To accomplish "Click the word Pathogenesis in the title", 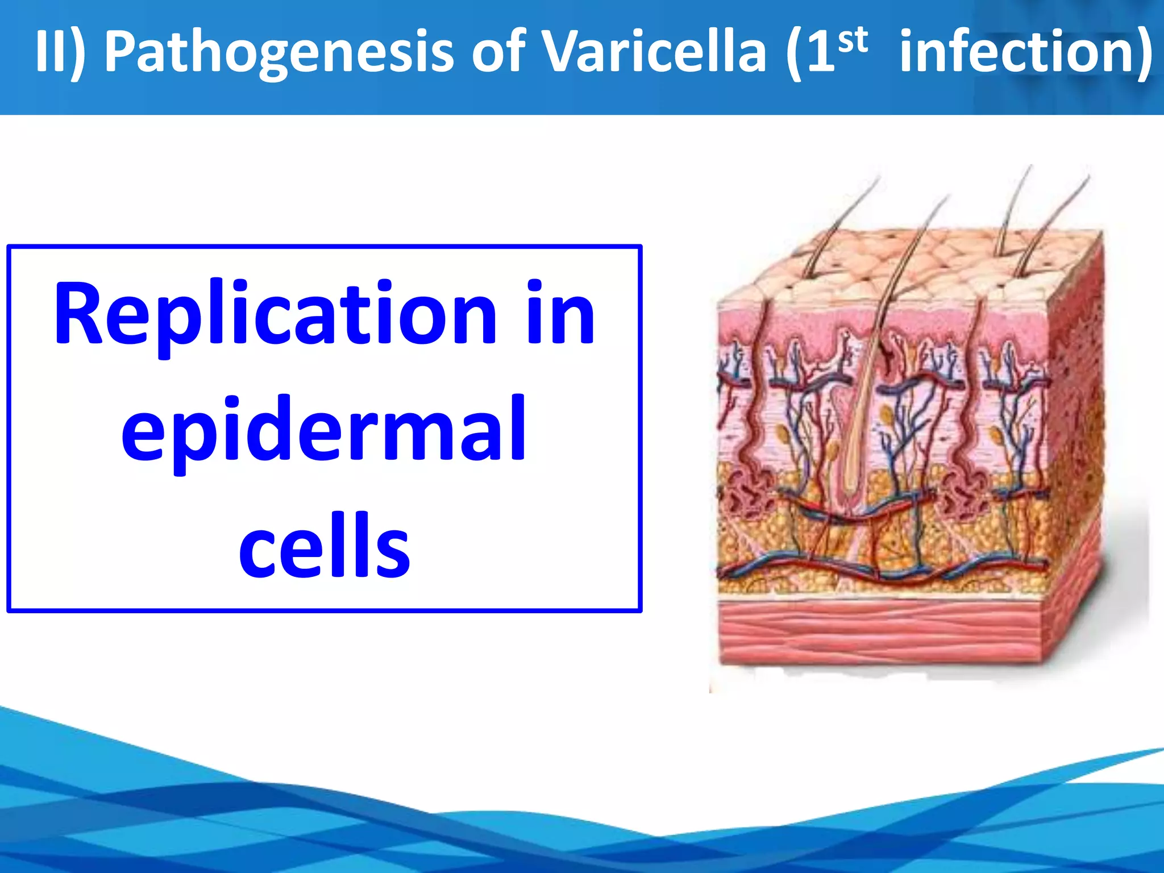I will click(x=278, y=52).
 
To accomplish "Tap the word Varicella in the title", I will click(x=654, y=52).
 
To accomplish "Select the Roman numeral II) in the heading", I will click(x=60, y=52).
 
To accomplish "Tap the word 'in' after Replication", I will click(x=560, y=315).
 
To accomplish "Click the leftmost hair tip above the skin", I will click(x=879, y=180).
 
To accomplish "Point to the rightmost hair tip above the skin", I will click(x=1088, y=177).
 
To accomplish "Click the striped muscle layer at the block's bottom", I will click(x=881, y=631).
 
